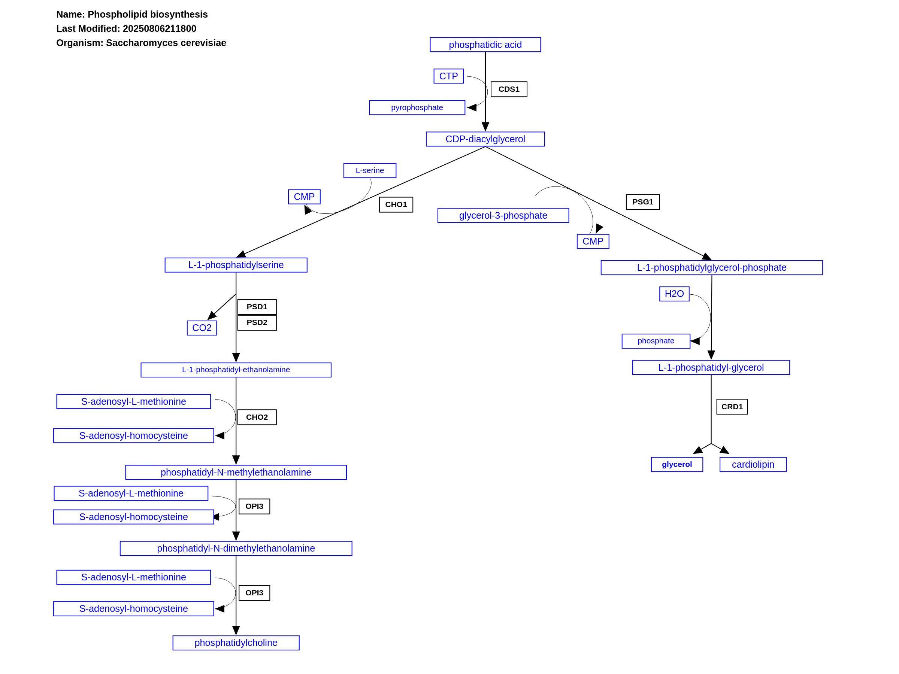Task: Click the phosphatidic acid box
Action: click(x=485, y=45)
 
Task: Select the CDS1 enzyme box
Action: click(x=509, y=89)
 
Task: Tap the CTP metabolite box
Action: click(x=448, y=76)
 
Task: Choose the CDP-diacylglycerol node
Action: click(x=485, y=139)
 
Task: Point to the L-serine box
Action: click(x=370, y=171)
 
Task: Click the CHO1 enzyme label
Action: click(x=396, y=205)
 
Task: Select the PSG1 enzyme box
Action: click(x=642, y=202)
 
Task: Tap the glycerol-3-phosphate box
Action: click(x=503, y=215)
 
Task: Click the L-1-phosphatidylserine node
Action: click(x=236, y=265)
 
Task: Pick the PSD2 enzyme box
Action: click(x=257, y=322)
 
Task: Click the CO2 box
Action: click(x=202, y=328)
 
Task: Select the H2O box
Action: click(x=674, y=294)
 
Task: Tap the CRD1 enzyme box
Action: click(x=732, y=407)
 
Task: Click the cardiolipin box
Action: click(x=753, y=464)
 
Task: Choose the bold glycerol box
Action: click(x=677, y=464)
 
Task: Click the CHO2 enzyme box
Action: click(x=257, y=417)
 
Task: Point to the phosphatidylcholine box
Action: click(x=236, y=643)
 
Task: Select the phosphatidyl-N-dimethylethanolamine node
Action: click(x=236, y=549)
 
